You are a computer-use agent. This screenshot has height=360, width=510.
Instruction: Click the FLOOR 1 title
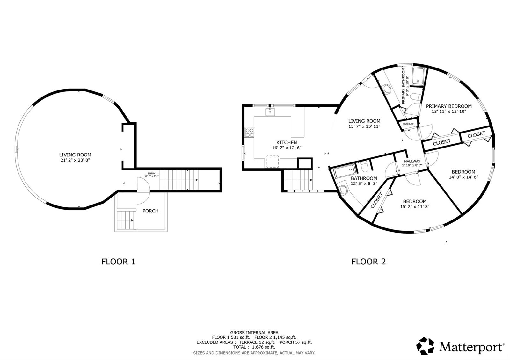click(118, 262)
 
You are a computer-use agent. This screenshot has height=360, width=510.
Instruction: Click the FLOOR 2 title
click(368, 262)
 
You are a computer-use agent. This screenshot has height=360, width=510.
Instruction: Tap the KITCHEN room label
click(287, 142)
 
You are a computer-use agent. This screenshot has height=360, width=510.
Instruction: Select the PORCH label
click(150, 211)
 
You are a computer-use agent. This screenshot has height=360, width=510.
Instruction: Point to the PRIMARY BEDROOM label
click(449, 106)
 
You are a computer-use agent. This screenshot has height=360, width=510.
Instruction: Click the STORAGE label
click(408, 124)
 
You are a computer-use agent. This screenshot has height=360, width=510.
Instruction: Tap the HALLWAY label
click(412, 161)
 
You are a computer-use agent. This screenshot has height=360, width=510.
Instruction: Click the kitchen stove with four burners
click(249, 133)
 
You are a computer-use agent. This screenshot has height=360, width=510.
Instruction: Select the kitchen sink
click(270, 112)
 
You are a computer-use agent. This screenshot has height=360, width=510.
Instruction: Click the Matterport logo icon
click(425, 346)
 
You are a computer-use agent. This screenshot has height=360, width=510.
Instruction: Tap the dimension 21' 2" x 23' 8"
click(75, 160)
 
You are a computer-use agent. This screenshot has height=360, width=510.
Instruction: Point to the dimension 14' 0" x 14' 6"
click(463, 177)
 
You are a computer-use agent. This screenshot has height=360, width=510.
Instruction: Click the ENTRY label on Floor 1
click(151, 173)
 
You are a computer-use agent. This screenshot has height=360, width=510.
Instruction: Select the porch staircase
click(125, 220)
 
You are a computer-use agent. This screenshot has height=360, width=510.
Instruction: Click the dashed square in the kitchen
click(273, 162)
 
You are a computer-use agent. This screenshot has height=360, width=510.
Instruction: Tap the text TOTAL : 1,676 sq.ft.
click(254, 347)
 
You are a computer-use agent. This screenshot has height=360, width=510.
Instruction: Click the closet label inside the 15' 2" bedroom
click(376, 201)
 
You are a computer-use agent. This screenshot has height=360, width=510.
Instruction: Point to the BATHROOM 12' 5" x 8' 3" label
click(364, 181)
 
